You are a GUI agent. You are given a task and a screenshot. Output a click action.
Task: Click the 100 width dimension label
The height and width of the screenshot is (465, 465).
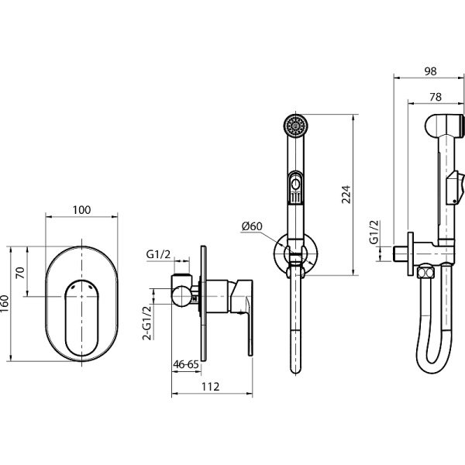tap(81, 210)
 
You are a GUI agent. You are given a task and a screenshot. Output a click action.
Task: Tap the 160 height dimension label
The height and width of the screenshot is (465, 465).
tap(5, 303)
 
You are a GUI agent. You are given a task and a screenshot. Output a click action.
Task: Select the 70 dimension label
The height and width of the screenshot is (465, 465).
tap(20, 273)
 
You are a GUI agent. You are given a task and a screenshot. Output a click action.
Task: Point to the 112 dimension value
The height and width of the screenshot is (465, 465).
tap(211, 387)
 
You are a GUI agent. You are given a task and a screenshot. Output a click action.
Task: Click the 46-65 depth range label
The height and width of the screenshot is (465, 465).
tap(186, 364)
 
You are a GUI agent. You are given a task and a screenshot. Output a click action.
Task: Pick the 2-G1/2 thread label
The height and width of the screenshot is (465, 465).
tap(147, 322)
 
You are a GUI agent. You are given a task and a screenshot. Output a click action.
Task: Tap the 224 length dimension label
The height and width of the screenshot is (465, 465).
tap(346, 195)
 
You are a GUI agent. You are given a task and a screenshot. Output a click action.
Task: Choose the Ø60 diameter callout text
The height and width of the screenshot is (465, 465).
tap(252, 226)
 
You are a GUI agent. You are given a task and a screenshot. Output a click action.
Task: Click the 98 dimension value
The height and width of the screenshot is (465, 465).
tap(430, 71)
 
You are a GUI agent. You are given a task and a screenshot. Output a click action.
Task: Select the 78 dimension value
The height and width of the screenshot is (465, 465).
tap(435, 97)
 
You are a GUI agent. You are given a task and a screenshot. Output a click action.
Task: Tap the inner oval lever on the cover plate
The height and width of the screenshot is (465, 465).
tap(81, 318)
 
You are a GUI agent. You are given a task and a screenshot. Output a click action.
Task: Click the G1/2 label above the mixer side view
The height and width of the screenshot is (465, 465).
tap(158, 254)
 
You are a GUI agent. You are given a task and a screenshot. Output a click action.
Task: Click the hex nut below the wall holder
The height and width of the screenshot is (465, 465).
tap(425, 273)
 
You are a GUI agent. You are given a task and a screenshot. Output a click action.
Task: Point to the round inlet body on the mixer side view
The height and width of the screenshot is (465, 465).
tap(182, 297)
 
